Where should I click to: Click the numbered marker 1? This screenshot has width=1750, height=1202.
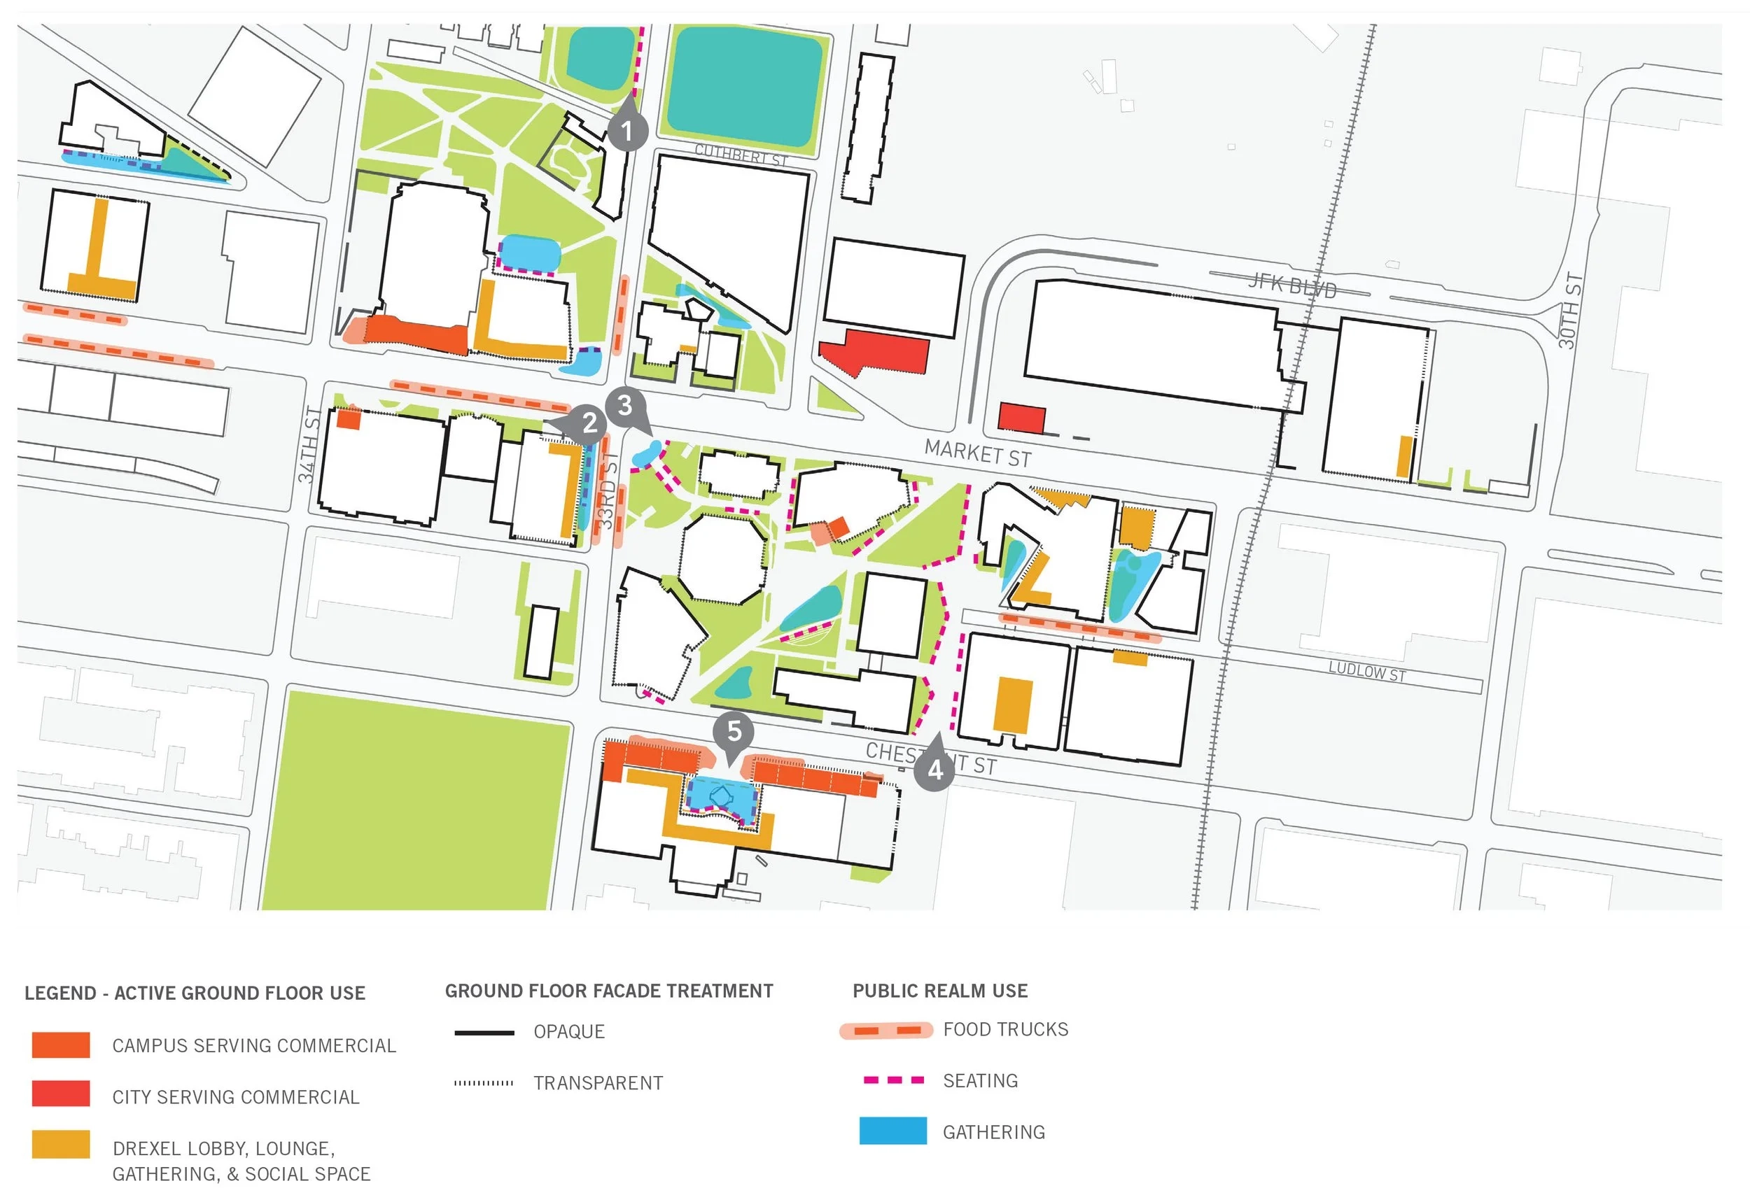click(626, 131)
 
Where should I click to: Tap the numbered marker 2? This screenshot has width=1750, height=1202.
click(589, 423)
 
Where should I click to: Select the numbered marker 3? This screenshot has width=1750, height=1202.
click(624, 405)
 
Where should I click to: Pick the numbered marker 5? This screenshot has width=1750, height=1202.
click(734, 730)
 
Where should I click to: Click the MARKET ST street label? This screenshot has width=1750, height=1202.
click(977, 453)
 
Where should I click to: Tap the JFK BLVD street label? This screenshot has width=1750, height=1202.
click(1291, 285)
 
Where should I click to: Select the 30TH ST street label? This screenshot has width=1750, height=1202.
click(1570, 310)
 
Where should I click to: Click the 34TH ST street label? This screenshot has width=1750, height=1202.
click(309, 444)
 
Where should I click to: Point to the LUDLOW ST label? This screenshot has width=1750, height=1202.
click(1366, 671)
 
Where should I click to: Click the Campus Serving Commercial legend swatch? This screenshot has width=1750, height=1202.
click(61, 1045)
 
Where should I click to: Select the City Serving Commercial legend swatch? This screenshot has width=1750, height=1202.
click(61, 1094)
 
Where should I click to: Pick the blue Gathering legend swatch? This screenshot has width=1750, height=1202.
click(892, 1131)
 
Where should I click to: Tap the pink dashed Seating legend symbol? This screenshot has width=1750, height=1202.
click(893, 1080)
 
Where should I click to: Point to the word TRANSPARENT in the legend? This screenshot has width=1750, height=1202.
click(598, 1083)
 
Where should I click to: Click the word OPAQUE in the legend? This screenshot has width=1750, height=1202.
click(569, 1032)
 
